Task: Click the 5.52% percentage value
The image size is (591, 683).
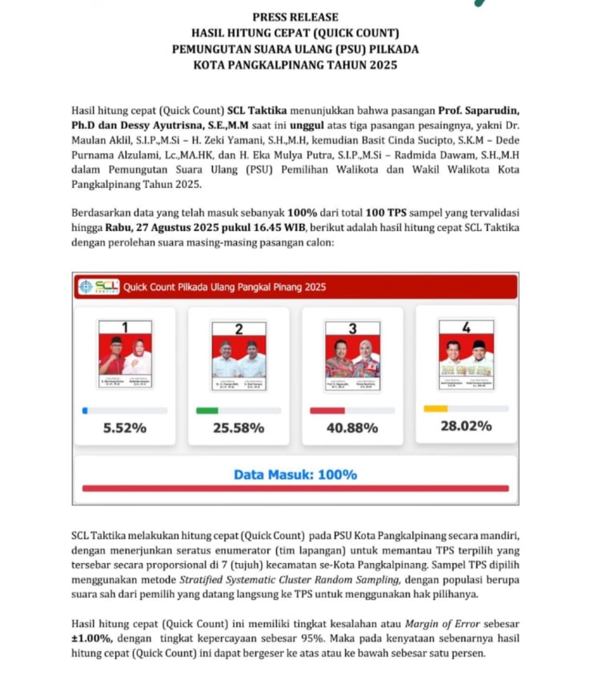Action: click(125, 428)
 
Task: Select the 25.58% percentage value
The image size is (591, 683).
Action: click(239, 428)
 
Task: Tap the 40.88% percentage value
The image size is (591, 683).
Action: click(352, 428)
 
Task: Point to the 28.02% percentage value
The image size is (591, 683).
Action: click(466, 425)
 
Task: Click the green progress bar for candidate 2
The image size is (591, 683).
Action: click(207, 411)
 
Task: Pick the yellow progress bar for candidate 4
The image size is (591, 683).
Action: click(436, 408)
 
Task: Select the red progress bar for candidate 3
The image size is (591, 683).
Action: click(327, 411)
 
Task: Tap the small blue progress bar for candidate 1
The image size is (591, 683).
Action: click(85, 411)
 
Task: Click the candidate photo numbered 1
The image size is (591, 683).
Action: click(125, 354)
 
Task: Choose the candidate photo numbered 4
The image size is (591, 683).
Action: click(466, 354)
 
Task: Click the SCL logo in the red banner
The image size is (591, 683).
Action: click(99, 287)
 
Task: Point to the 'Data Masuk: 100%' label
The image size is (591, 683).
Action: click(296, 475)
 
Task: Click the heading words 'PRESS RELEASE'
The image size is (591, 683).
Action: click(296, 17)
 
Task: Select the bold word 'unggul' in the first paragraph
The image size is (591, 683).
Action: click(306, 125)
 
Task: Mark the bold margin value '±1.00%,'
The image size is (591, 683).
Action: click(92, 638)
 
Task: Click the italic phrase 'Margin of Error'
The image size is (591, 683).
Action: click(442, 623)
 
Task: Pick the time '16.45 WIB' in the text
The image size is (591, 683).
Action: click(279, 227)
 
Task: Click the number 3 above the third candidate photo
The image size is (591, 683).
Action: click(352, 329)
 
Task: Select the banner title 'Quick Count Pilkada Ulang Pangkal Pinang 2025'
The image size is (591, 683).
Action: click(224, 287)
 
